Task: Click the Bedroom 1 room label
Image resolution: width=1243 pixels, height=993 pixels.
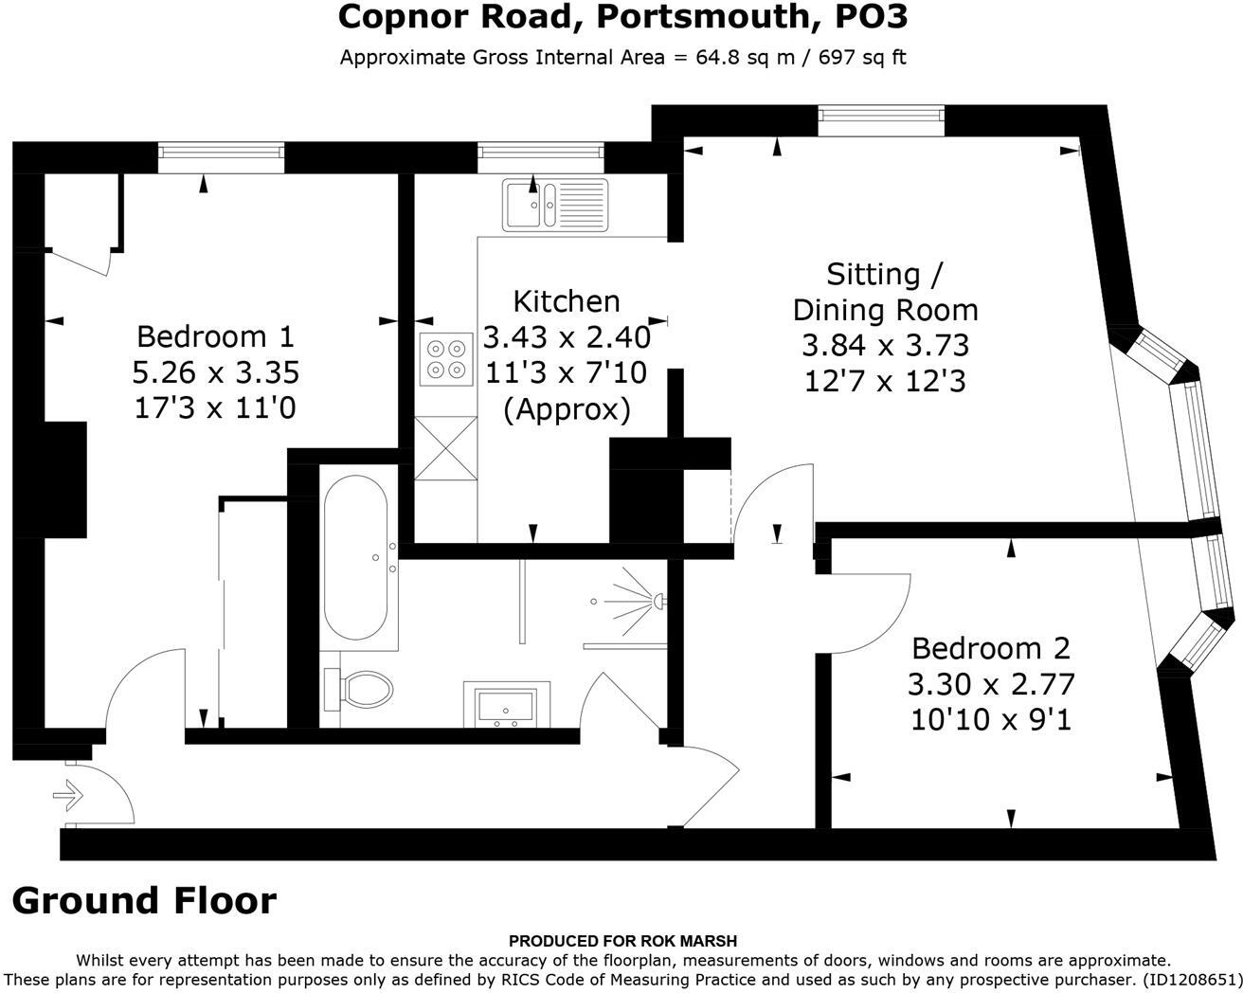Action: coord(215,336)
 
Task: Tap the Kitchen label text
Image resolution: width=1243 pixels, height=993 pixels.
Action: coord(566,301)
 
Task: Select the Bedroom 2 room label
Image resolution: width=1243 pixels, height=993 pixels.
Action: coord(990,648)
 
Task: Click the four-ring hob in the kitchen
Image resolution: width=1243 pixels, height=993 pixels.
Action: coord(446,359)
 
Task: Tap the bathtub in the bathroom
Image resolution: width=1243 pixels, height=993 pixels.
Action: coord(355,557)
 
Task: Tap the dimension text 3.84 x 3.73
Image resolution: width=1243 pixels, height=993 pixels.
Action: coord(885,345)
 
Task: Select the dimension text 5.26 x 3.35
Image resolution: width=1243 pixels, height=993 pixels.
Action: coord(215,372)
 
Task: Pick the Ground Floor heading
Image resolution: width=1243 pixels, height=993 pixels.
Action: coord(144,900)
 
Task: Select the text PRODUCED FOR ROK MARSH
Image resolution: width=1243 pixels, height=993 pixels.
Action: coord(621,941)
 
